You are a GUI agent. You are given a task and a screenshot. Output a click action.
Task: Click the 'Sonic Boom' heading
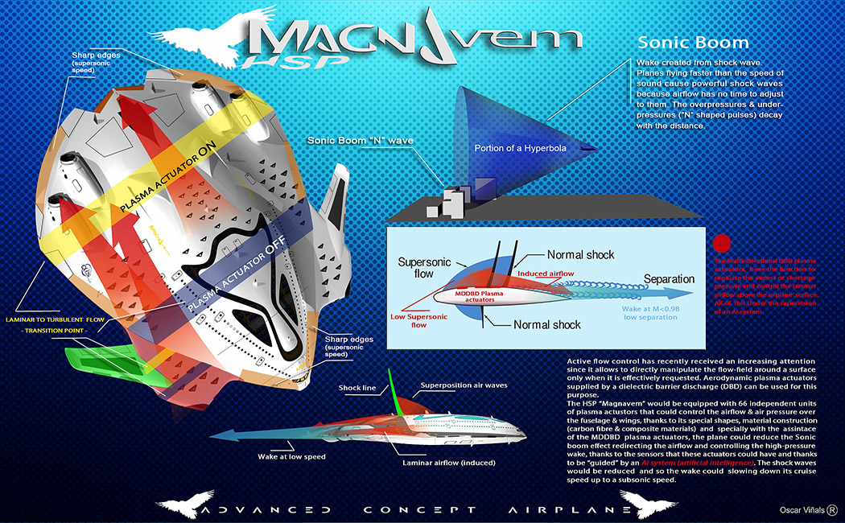693,43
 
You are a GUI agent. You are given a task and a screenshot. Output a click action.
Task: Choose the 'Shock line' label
358,388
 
